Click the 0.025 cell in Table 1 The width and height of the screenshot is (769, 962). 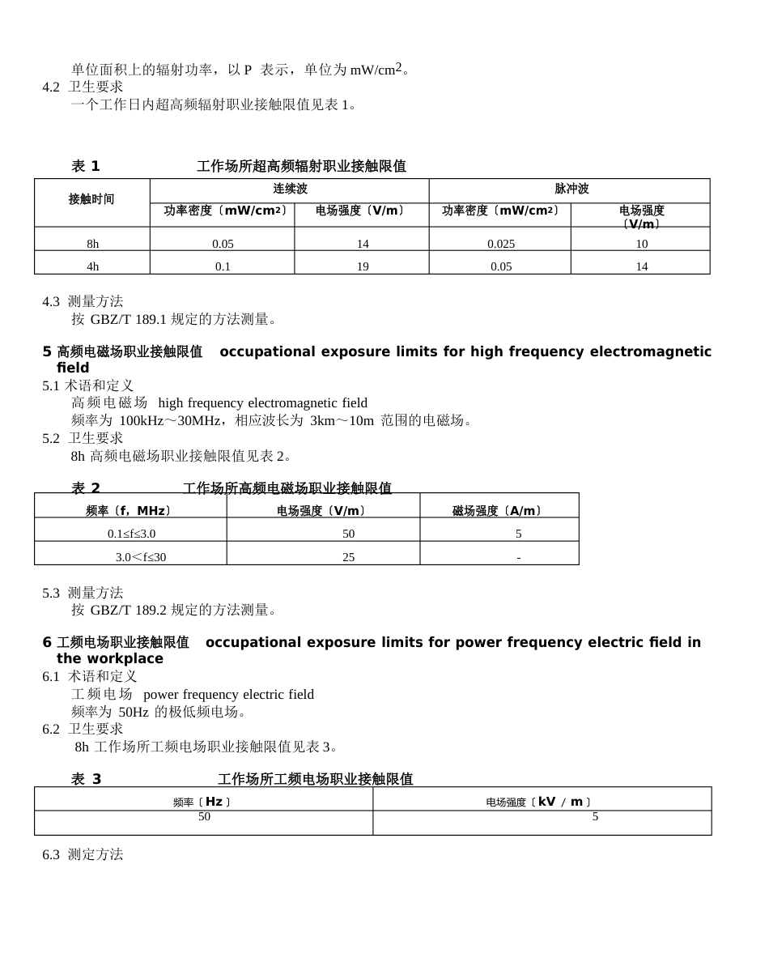click(501, 244)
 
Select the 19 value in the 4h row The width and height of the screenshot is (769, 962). click(363, 266)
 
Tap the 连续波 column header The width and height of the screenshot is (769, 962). click(289, 189)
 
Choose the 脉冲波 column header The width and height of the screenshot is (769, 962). click(571, 189)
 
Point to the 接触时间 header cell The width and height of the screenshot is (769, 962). click(91, 199)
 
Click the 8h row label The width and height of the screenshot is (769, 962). click(93, 244)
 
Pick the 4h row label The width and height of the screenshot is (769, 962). click(93, 266)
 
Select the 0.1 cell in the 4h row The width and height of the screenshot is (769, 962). click(223, 266)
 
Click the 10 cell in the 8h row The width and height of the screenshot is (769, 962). click(641, 244)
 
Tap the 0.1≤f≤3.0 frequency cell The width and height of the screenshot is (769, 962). click(131, 534)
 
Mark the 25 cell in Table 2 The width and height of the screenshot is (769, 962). click(349, 557)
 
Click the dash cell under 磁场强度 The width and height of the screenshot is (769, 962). click(518, 557)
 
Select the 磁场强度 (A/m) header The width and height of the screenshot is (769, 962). click(497, 511)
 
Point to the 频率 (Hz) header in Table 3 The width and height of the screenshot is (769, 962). click(202, 802)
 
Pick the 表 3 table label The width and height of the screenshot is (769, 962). click(87, 779)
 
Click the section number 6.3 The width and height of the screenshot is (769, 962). click(51, 854)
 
